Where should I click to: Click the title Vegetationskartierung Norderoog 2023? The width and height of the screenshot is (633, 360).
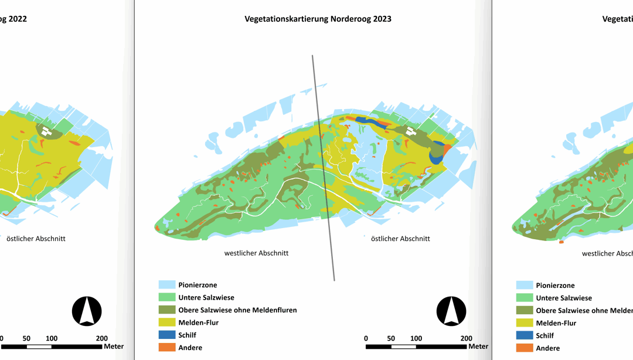(318, 19)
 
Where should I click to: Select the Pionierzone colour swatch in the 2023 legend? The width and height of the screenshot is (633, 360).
(168, 285)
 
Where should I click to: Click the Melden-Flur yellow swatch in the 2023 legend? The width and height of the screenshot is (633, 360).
(168, 322)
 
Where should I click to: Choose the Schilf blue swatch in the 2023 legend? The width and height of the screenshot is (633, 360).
(168, 335)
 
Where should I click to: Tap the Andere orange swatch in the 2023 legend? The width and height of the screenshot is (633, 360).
(168, 347)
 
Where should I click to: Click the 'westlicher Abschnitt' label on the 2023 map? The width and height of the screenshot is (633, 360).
(256, 253)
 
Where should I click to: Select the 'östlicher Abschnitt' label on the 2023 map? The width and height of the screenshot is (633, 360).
(400, 239)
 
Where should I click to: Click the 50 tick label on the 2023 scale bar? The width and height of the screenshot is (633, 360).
(391, 338)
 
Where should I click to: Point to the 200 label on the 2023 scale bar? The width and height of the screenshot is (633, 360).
(467, 338)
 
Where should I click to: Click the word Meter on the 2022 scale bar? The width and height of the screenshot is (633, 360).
(114, 346)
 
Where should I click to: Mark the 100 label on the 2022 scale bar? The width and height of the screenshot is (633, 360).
(52, 338)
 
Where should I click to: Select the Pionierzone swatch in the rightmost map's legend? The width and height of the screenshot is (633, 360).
(525, 286)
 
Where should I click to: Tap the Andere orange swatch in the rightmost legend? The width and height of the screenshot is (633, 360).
(525, 348)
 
